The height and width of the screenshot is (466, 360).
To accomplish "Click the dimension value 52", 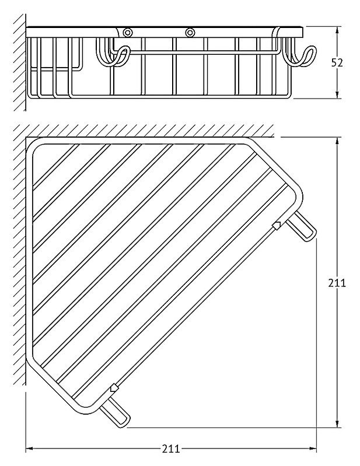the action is (337, 62).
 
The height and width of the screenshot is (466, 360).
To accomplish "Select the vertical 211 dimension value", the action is (337, 283).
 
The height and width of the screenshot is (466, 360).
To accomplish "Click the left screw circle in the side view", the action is (128, 32).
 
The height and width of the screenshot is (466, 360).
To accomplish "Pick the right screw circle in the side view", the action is (190, 32).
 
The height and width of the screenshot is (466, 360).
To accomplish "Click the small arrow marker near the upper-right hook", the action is (277, 226).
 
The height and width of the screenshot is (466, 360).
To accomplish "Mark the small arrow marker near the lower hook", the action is (114, 388).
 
